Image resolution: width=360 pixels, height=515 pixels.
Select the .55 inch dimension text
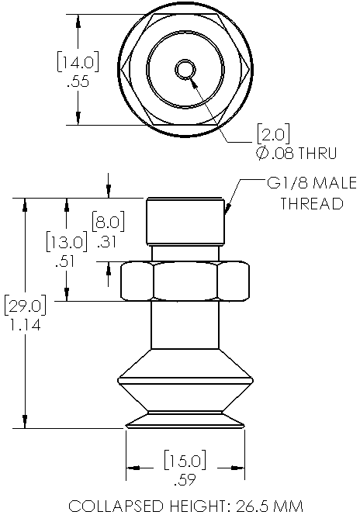[78, 81]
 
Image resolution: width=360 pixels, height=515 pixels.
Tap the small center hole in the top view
[185, 70]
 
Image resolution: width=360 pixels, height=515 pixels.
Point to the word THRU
[317, 153]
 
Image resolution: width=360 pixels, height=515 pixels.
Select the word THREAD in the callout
[311, 204]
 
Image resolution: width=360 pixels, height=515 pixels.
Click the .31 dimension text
[108, 242]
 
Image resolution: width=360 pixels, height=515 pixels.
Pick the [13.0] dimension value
[65, 242]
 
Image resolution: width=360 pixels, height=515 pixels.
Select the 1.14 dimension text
[26, 325]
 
